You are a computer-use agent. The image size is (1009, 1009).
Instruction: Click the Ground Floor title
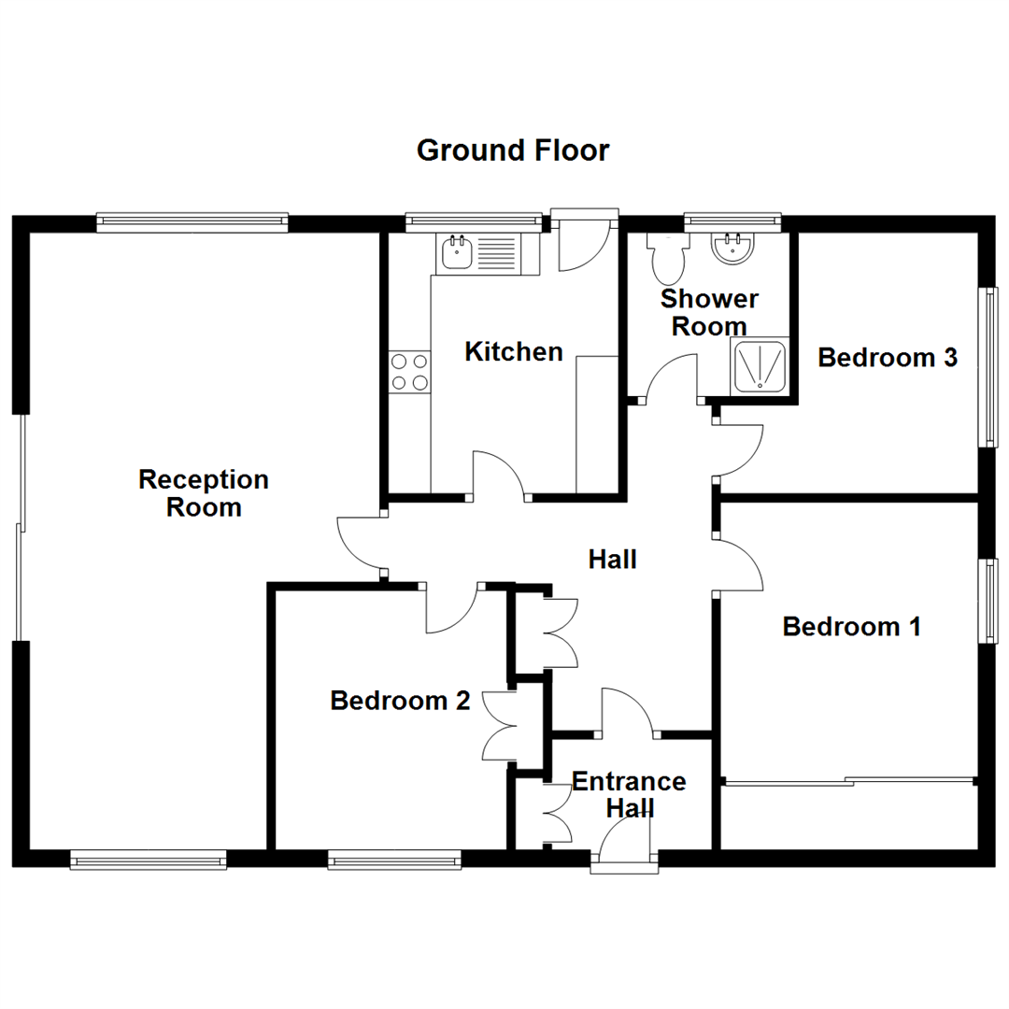click(513, 150)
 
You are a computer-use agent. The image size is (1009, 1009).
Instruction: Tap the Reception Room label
click(204, 493)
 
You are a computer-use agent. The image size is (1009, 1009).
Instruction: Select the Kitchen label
click(514, 352)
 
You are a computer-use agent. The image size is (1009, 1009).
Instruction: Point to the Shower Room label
click(709, 313)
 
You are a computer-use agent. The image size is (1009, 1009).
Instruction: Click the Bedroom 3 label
click(888, 357)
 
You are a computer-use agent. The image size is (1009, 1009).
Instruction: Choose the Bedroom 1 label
click(851, 626)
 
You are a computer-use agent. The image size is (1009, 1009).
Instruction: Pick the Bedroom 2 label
click(400, 701)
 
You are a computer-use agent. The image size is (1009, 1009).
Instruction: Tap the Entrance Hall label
click(629, 794)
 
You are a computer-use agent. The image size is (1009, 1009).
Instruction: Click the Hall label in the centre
click(613, 560)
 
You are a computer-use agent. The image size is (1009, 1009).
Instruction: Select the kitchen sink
click(458, 251)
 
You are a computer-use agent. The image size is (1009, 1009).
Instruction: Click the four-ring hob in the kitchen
click(409, 371)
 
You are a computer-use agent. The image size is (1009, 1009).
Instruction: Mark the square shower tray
click(760, 365)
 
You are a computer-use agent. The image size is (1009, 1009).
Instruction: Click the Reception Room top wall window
click(192, 221)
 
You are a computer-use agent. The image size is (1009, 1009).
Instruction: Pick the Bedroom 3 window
click(987, 366)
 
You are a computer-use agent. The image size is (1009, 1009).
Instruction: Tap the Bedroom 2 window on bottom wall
click(393, 860)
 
